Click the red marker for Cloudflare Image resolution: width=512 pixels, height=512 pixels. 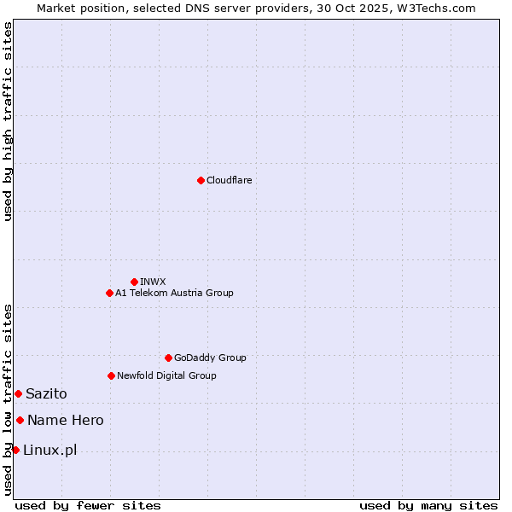[x=201, y=180]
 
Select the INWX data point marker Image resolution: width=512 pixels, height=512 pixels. [x=134, y=282]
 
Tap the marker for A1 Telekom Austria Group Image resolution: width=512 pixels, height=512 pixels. [x=109, y=293]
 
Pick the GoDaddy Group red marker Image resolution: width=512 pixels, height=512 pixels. [x=168, y=358]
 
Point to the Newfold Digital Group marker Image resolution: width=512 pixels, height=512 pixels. [x=111, y=375]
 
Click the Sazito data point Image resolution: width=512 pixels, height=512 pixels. [x=18, y=393]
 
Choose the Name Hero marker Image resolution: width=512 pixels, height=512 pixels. [x=20, y=420]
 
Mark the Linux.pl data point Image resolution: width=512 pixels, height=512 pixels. [x=15, y=450]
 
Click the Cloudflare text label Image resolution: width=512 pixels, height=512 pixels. [x=229, y=180]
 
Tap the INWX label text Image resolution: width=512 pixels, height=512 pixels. [x=153, y=282]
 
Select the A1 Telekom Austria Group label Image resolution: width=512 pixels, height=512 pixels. [x=174, y=293]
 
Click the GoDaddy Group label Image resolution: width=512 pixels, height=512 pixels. [x=210, y=358]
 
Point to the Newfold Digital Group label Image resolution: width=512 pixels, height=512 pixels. [x=166, y=375]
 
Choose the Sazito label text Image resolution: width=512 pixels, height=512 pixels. [x=46, y=393]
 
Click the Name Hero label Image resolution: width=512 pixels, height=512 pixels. [x=66, y=420]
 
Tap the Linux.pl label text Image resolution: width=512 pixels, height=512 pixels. [x=49, y=450]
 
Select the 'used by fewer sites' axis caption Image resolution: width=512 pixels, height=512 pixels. [x=88, y=505]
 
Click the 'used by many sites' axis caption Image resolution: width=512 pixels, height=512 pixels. [x=428, y=505]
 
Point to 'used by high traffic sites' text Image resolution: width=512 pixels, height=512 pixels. [x=8, y=121]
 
